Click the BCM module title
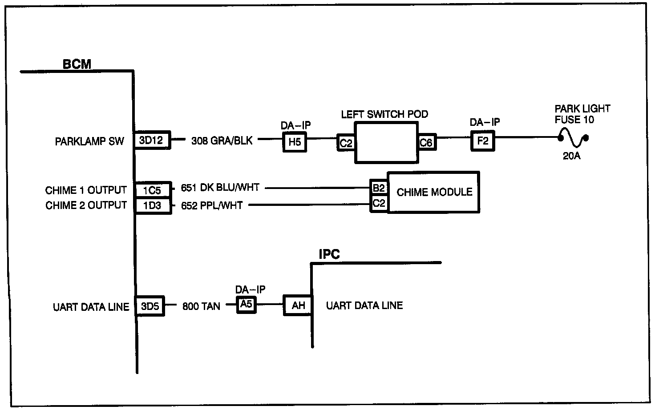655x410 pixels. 77,64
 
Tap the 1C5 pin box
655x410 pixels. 153,190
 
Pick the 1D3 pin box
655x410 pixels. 153,206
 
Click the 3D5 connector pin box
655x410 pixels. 150,306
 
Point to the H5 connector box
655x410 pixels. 295,142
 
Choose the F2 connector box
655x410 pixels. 483,141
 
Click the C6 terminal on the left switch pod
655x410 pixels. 427,142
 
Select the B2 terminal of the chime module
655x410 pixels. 379,188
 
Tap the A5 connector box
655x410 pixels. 246,305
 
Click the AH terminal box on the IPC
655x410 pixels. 298,305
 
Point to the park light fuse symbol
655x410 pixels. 573,137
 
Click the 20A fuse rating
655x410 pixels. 572,156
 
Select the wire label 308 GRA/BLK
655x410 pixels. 222,141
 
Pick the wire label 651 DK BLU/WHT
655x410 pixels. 220,187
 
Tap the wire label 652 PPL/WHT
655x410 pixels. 212,205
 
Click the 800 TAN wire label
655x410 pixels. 201,306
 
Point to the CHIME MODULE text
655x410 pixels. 435,192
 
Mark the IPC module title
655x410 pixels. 329,254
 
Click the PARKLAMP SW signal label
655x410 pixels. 89,141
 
